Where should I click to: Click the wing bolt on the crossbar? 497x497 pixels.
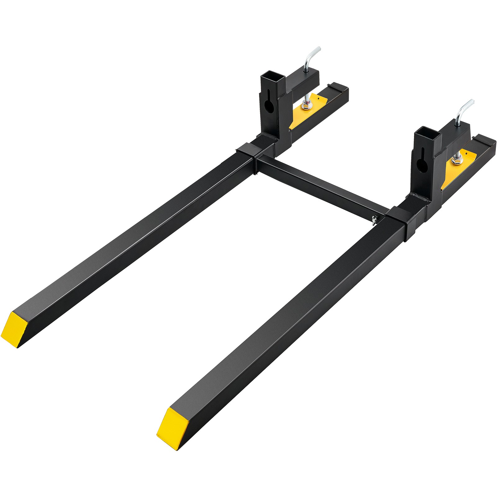(375, 219)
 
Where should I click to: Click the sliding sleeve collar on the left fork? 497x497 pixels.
(247, 152)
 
